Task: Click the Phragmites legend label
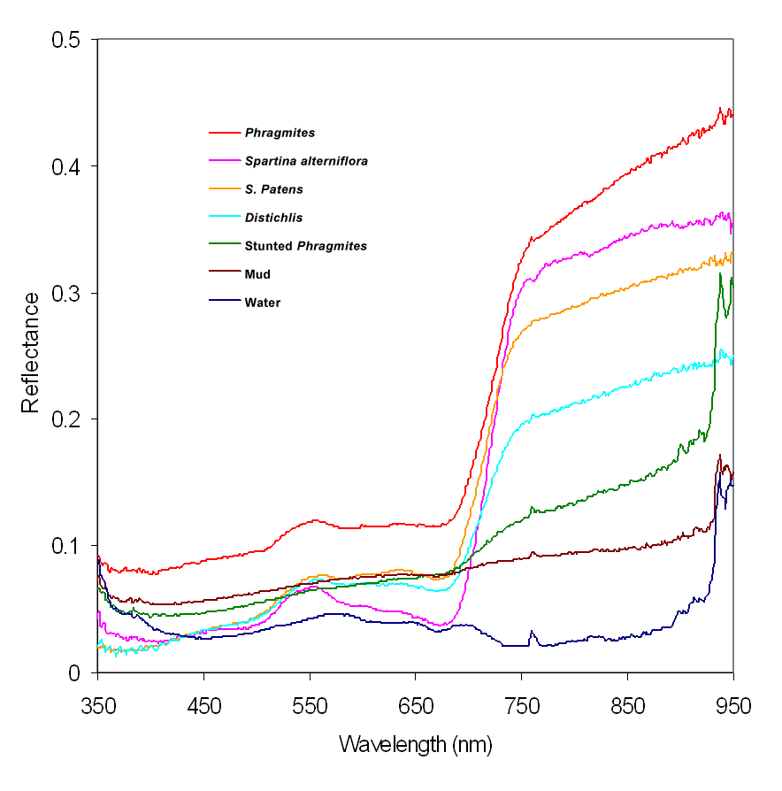coord(280,134)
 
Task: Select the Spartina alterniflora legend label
coord(306,162)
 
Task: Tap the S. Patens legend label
coord(274,189)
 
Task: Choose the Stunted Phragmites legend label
coord(306,246)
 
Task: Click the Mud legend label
coord(259,274)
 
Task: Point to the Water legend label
coord(263,303)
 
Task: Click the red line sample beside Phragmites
coord(225,134)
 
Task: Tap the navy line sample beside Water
coord(225,303)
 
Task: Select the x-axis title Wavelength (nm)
coord(416,744)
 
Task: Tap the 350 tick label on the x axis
coord(97,706)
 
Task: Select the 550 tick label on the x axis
coord(310,706)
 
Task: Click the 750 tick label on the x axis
coord(522,706)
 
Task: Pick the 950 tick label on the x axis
coord(733,706)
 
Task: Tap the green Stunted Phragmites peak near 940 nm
coord(720,273)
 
